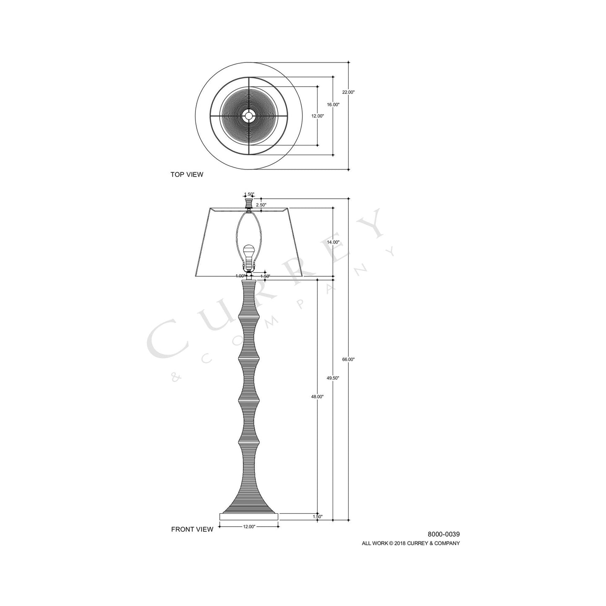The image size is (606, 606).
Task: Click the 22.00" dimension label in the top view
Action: click(348, 92)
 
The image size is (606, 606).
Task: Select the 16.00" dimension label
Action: click(333, 104)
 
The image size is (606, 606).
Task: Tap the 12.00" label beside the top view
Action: click(317, 116)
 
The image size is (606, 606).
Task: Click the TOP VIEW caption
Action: click(187, 174)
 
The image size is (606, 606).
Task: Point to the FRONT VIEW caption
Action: click(192, 529)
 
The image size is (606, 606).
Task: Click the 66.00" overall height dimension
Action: click(348, 359)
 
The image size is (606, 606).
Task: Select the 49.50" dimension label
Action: click(333, 378)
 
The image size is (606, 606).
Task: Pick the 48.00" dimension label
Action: click(317, 396)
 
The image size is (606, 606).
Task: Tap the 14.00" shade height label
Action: click(333, 242)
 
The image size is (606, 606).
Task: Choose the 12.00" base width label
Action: click(249, 527)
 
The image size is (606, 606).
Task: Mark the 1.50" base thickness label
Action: click(317, 517)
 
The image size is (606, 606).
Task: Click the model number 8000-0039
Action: click(444, 534)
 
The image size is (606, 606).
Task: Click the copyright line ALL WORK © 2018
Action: click(411, 543)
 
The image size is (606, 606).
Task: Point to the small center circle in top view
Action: click(249, 116)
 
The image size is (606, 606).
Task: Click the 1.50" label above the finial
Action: click(249, 194)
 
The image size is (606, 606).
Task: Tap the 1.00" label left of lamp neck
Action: click(240, 276)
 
